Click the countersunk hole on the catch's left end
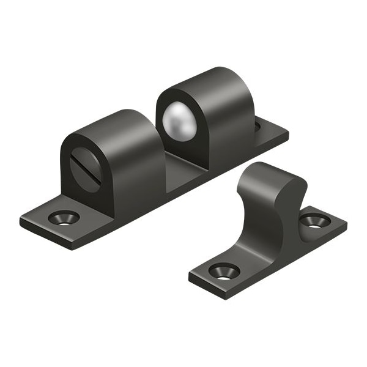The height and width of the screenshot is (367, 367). coord(64,217)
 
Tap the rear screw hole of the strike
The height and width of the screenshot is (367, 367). coord(314,221)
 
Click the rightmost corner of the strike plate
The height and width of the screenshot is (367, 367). coord(346,226)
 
